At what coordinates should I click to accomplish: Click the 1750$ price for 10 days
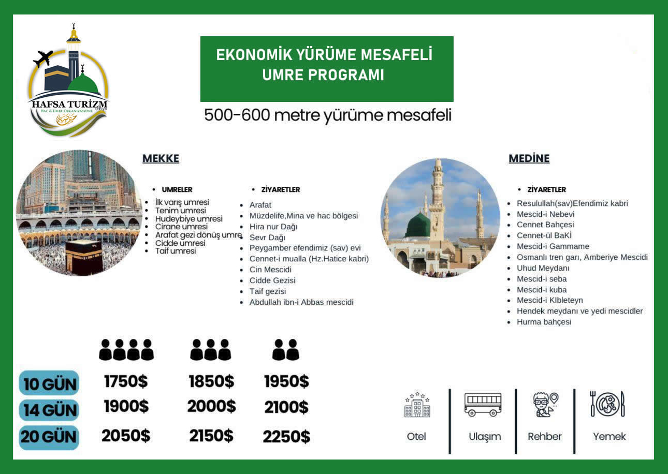126,382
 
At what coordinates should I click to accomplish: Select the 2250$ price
286,437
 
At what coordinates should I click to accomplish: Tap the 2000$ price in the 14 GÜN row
211,407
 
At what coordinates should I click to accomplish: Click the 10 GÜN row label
50,383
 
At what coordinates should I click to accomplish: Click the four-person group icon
126,350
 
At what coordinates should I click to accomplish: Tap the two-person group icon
286,350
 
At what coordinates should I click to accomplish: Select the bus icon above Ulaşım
483,405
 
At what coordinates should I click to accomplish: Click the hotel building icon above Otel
417,405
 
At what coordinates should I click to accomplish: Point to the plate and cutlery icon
608,404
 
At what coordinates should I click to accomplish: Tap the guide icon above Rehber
545,405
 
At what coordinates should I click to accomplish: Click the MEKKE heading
161,159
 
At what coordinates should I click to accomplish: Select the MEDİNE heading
529,159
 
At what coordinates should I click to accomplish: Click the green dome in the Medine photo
418,226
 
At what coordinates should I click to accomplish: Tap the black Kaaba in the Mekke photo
84,256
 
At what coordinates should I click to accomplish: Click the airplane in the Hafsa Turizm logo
43,58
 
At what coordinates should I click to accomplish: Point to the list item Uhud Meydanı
543,268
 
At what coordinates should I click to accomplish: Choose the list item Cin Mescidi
270,270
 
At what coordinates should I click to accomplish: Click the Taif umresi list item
176,251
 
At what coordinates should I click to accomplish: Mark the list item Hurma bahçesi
544,322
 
